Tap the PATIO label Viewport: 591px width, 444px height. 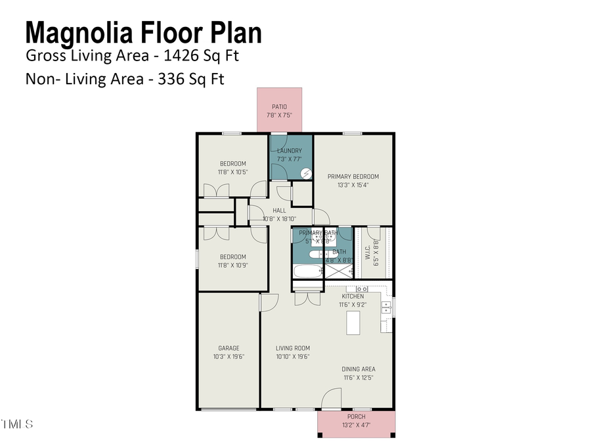click(x=279, y=107)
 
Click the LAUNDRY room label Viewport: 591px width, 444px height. click(x=289, y=151)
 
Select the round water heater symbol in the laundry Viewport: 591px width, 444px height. click(x=306, y=174)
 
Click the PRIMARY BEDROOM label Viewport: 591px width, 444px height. click(x=353, y=176)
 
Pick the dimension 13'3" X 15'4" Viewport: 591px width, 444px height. click(x=353, y=185)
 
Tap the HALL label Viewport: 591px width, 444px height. click(x=279, y=210)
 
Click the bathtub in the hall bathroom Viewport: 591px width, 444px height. click(x=307, y=272)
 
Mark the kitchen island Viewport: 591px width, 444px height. click(x=353, y=322)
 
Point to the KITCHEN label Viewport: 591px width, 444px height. click(x=352, y=297)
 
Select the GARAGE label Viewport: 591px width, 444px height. click(x=229, y=349)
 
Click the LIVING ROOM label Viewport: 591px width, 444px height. click(x=292, y=349)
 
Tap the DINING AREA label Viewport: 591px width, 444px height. click(x=359, y=370)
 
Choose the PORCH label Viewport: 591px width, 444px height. click(x=357, y=417)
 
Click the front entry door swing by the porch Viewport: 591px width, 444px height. click(x=332, y=398)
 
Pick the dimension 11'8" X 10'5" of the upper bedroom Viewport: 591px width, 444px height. click(x=232, y=172)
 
